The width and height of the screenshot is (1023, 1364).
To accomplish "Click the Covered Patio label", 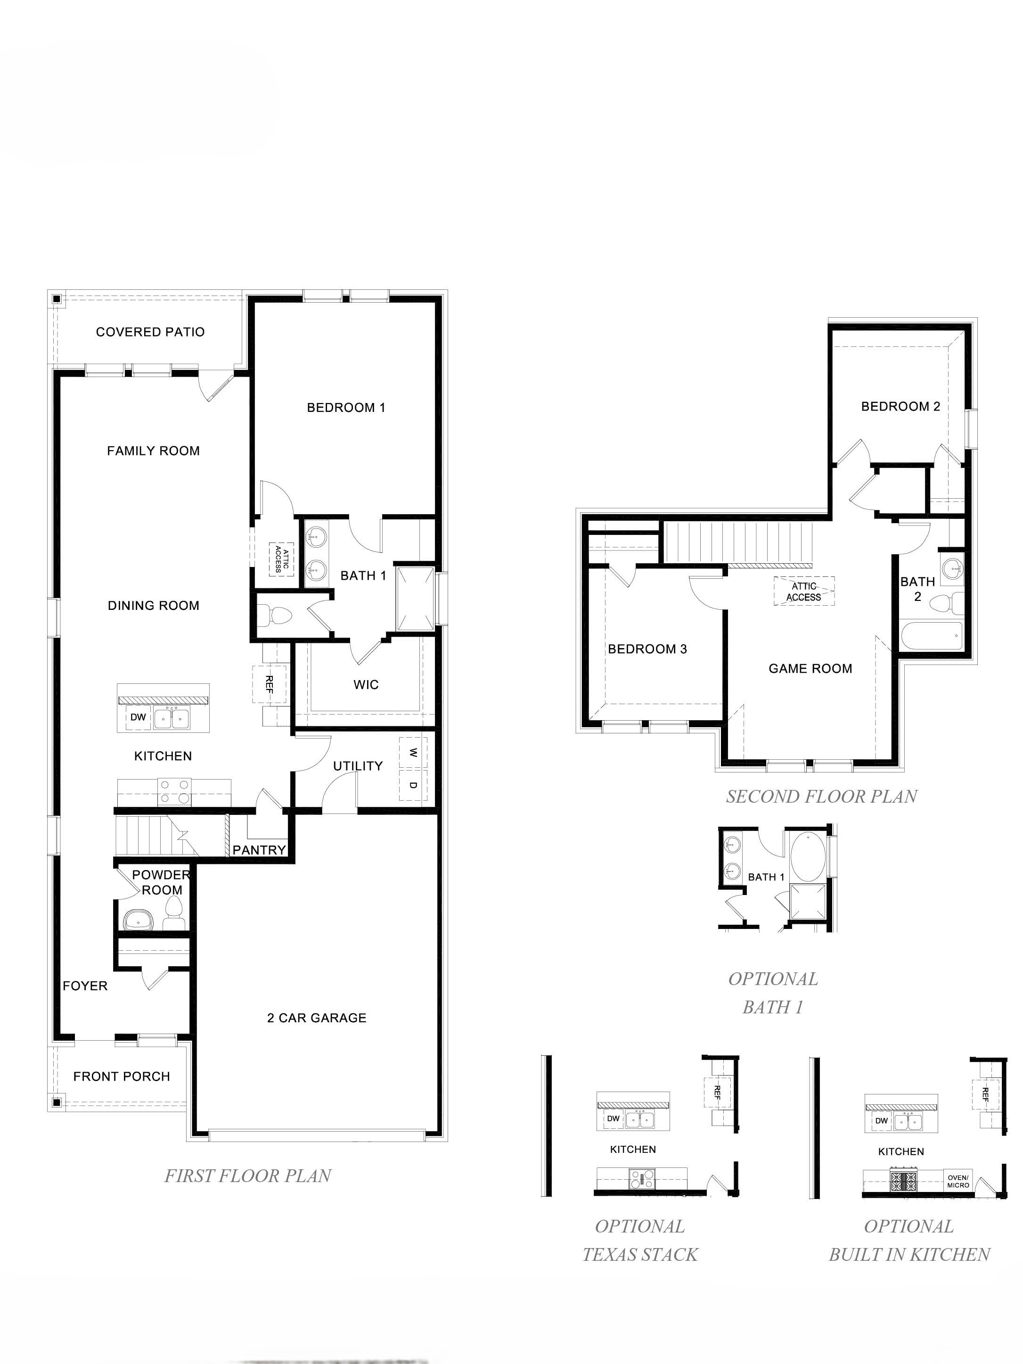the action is pyautogui.click(x=150, y=332).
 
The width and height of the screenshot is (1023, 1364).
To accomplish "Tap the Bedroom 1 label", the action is pyautogui.click(x=346, y=408).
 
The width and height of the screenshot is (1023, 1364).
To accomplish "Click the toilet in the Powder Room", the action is pyautogui.click(x=173, y=912).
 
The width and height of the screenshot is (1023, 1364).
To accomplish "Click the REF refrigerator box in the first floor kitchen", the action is pyautogui.click(x=270, y=684).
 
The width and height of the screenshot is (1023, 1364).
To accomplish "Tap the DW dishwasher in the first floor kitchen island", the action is pyautogui.click(x=138, y=718).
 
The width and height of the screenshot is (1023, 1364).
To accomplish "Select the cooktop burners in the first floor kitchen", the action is pyautogui.click(x=174, y=791).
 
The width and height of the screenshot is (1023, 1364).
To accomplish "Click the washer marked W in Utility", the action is pyautogui.click(x=413, y=753).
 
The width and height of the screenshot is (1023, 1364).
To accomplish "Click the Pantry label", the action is pyautogui.click(x=259, y=850).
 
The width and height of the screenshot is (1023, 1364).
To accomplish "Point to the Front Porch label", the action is pyautogui.click(x=122, y=1076).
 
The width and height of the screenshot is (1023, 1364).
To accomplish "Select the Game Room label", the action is pyautogui.click(x=810, y=668).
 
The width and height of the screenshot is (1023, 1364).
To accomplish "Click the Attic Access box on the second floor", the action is pyautogui.click(x=804, y=591).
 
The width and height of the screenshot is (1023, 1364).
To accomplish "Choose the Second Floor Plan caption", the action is pyautogui.click(x=821, y=797).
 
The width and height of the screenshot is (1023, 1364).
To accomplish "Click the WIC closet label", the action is pyautogui.click(x=366, y=684).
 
